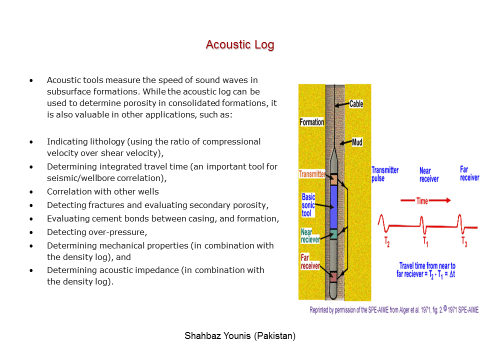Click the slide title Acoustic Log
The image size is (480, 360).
240,45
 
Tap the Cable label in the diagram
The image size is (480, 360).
356,104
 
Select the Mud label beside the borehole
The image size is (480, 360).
357,142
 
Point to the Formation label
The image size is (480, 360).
311,122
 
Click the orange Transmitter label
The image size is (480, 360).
311,174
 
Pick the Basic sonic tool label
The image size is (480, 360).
308,205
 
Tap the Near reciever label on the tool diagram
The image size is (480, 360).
310,236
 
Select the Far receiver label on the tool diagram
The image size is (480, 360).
310,262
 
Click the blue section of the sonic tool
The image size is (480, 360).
334,206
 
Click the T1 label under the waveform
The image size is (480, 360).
425,242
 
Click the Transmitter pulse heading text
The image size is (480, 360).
385,174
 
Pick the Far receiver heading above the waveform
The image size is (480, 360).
469,173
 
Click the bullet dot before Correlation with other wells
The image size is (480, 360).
31,192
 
